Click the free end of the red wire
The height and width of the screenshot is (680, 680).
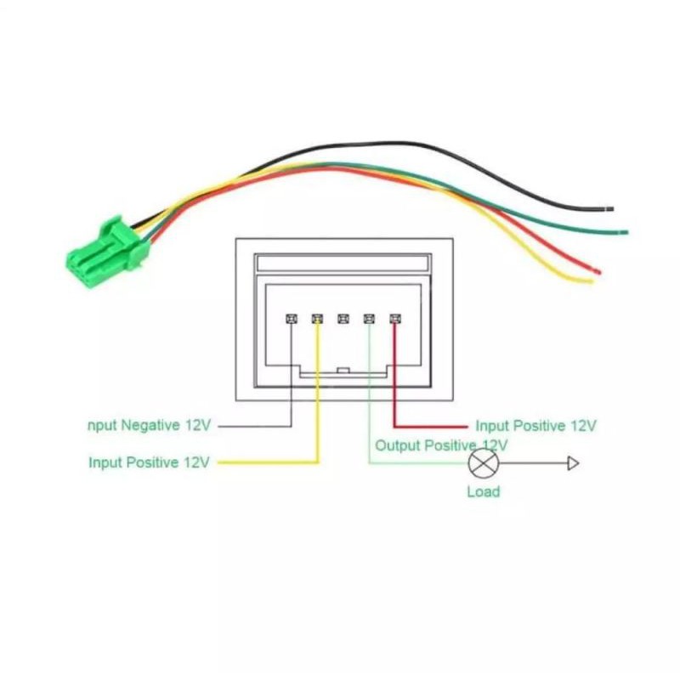597,271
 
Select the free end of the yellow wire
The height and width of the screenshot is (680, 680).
587,280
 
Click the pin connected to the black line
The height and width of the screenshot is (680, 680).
291,319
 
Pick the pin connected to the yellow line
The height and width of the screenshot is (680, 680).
317,319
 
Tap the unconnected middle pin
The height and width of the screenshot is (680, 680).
343,319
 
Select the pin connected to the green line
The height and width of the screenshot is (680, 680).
368,319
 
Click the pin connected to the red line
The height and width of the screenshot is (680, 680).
394,319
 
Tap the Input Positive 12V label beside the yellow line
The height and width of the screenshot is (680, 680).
149,463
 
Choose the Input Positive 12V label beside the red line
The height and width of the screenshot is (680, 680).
535,425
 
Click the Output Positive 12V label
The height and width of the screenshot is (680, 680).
441,445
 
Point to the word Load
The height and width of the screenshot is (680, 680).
483,491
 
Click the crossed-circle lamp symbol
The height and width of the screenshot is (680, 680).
483,463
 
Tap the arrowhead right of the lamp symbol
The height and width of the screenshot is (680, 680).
573,463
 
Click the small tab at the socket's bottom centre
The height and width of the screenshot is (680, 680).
343,371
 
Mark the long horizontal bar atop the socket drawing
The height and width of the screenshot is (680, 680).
343,263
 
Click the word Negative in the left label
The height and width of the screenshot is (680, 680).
152,425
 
